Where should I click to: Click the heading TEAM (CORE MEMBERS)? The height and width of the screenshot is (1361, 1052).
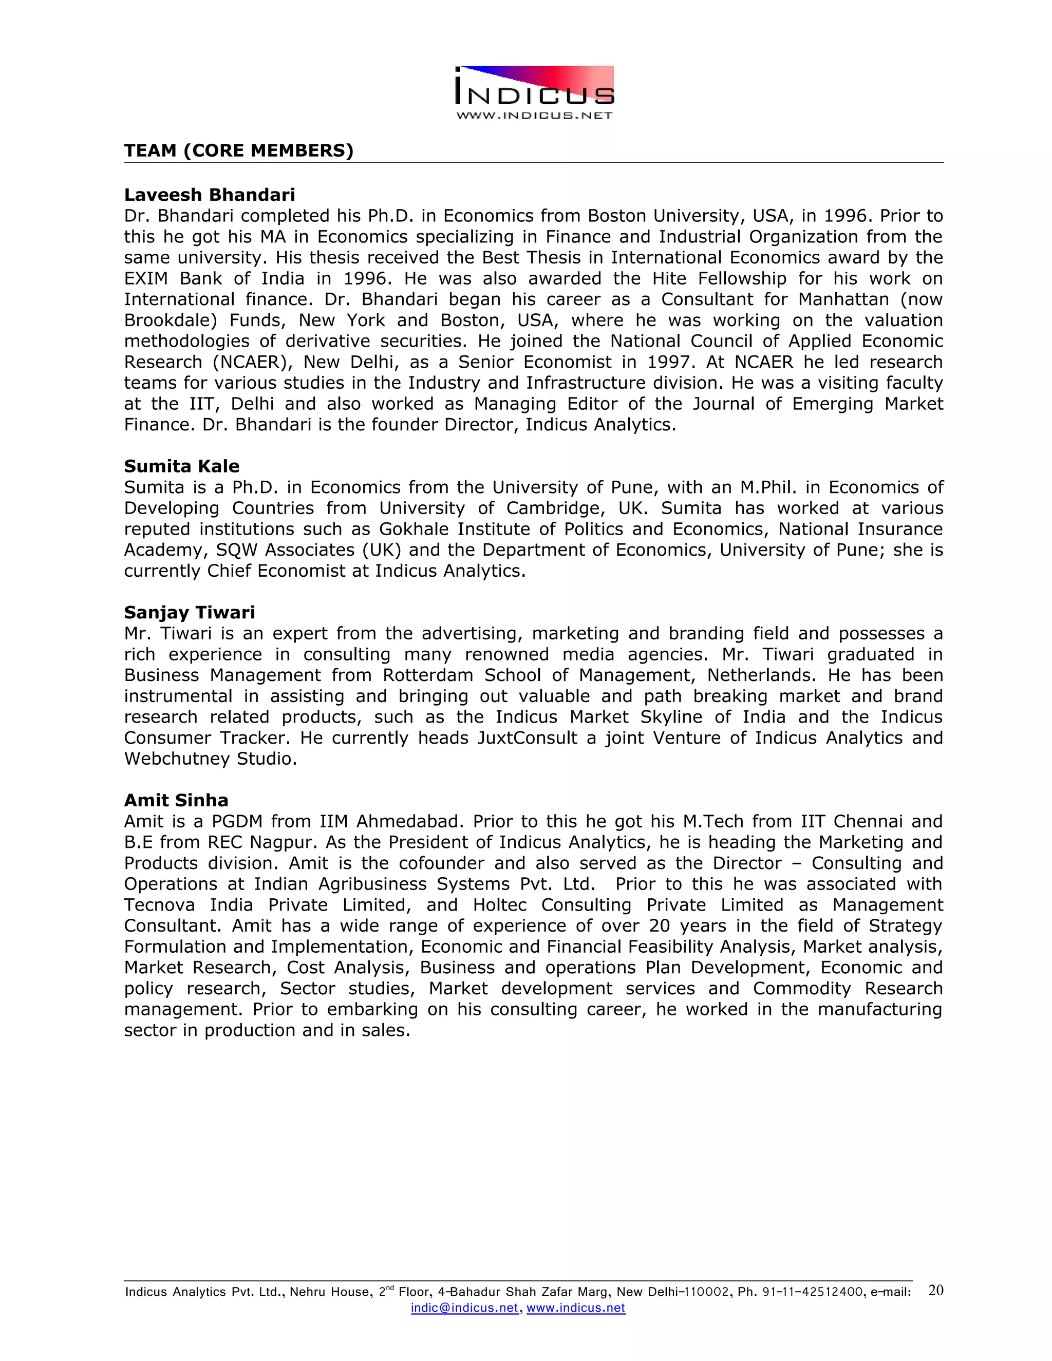click(x=239, y=151)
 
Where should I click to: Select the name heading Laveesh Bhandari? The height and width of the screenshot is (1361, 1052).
click(x=210, y=195)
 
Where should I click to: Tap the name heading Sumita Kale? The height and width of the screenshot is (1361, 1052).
click(x=181, y=466)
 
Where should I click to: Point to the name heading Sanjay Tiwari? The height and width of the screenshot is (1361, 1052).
click(x=190, y=613)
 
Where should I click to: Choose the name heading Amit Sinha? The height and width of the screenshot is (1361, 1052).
click(x=176, y=800)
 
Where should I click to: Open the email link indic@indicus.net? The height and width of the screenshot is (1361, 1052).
click(x=464, y=1308)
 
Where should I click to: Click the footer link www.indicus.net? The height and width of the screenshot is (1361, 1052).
click(x=575, y=1308)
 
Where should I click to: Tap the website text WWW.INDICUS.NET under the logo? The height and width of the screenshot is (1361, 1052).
click(x=535, y=115)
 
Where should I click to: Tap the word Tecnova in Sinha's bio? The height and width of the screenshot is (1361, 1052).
click(x=159, y=905)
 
